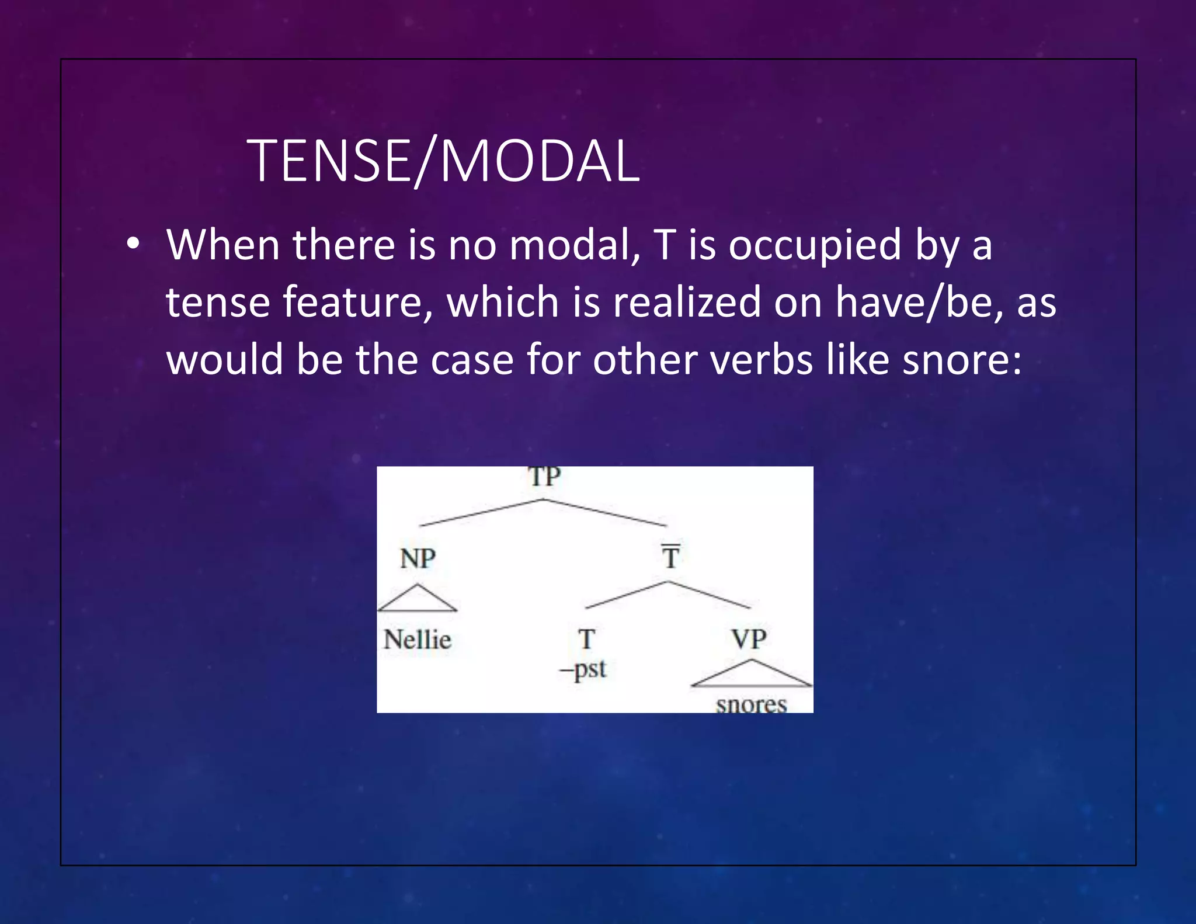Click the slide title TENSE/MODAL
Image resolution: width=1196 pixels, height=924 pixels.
point(443,161)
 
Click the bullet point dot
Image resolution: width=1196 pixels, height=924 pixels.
point(133,244)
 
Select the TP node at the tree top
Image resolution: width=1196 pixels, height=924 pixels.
point(544,477)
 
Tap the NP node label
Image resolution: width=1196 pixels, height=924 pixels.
point(418,558)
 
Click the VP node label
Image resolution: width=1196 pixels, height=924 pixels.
point(749,639)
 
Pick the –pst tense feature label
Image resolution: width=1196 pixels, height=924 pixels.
point(583,669)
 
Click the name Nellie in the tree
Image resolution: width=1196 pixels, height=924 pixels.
point(417,640)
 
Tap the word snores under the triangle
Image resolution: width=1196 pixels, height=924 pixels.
point(752,704)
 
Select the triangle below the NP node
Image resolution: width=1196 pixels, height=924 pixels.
point(417,600)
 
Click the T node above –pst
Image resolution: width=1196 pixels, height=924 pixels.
point(586,639)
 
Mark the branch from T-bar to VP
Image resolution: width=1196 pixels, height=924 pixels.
point(709,595)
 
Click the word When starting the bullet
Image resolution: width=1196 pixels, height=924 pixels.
point(222,244)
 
